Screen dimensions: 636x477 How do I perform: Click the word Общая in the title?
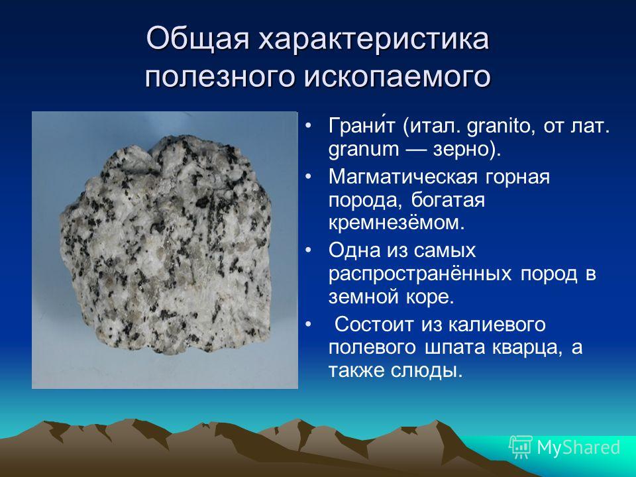point(197,39)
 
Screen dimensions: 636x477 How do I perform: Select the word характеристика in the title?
point(374,39)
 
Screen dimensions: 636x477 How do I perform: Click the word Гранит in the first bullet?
point(361,125)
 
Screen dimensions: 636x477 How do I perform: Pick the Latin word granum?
point(364,150)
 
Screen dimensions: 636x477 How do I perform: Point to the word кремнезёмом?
point(396,223)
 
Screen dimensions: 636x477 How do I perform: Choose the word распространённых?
point(420,274)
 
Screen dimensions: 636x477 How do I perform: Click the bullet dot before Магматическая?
point(308,178)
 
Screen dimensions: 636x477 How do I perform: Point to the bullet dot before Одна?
point(308,250)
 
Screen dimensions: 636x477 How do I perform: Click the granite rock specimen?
point(166,245)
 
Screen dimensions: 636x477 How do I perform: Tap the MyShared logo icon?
point(521,447)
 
